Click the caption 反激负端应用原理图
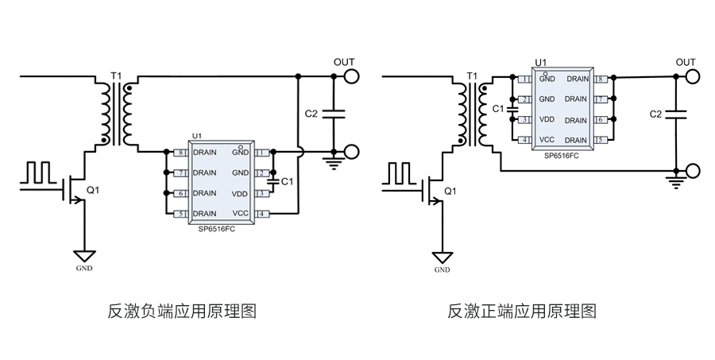tap(182, 310)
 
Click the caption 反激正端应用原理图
tap(522, 310)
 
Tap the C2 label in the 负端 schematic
tap(311, 114)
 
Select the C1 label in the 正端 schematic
tap(498, 108)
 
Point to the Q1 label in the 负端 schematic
tap(93, 191)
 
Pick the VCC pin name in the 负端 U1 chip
tap(241, 213)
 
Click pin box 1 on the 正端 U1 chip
tap(525, 79)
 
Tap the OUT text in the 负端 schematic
tap(344, 61)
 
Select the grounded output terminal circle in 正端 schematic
tap(693, 170)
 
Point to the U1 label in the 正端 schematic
tap(540, 61)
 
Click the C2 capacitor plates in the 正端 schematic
tap(677, 114)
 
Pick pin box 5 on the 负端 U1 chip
tap(182, 213)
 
